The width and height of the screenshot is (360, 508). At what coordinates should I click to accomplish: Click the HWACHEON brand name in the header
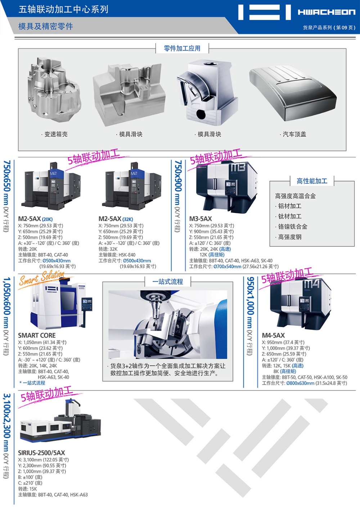pyautogui.click(x=327, y=12)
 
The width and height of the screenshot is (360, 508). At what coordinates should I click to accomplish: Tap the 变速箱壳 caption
pyautogui.click(x=56, y=134)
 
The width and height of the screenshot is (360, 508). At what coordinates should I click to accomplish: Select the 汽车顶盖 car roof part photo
pyautogui.click(x=293, y=93)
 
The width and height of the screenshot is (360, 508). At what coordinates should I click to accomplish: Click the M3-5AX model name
pyautogui.click(x=201, y=219)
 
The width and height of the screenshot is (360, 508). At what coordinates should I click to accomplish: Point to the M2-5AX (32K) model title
pyautogui.click(x=116, y=219)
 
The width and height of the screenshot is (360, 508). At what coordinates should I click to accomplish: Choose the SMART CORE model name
pyautogui.click(x=37, y=335)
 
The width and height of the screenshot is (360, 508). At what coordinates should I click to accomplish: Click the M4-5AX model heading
pyautogui.click(x=273, y=335)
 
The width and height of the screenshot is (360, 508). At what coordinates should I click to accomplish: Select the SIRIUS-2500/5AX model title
pyautogui.click(x=41, y=453)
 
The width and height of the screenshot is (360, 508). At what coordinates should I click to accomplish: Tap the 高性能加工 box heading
pyautogui.click(x=312, y=181)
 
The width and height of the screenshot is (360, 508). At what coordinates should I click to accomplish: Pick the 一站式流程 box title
pyautogui.click(x=167, y=282)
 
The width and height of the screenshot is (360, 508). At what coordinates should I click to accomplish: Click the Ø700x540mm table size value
pyautogui.click(x=227, y=267)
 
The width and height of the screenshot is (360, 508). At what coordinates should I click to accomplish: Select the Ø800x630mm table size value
pyautogui.click(x=300, y=383)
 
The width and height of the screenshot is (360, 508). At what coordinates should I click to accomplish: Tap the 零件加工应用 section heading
pyautogui.click(x=182, y=48)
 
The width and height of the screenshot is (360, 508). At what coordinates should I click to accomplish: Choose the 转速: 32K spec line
pyautogui.click(x=108, y=249)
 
